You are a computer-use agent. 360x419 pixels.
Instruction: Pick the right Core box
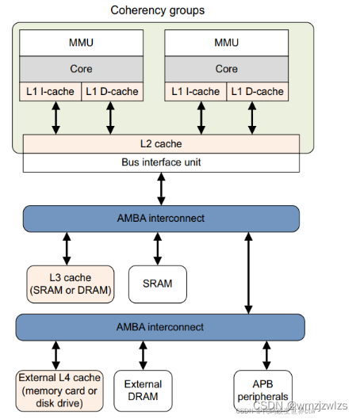[227, 68]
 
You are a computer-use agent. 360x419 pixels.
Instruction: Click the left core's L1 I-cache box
[50, 91]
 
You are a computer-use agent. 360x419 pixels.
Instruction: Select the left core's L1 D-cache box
[112, 91]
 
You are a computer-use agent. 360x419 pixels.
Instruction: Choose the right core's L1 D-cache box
[257, 91]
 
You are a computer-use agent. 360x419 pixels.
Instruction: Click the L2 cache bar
[161, 144]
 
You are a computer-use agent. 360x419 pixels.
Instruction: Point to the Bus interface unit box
[161, 162]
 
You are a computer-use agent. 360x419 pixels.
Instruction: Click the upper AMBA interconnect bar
[161, 219]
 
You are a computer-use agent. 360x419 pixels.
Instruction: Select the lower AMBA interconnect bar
[161, 326]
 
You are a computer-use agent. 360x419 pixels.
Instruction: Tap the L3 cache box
[70, 284]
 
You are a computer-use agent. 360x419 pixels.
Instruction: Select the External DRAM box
[143, 390]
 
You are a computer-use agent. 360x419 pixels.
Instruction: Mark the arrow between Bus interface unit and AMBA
[161, 189]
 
